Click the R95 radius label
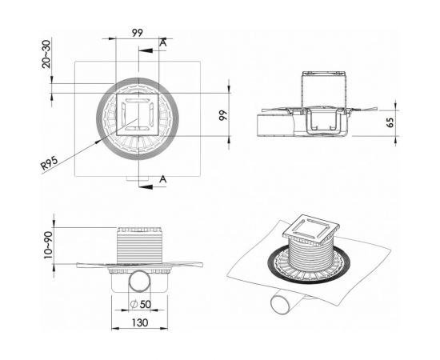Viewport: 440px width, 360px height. (50, 163)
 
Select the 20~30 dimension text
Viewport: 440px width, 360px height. (46, 54)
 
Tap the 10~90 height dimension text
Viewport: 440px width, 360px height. (48, 245)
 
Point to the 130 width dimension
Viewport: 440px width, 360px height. (139, 322)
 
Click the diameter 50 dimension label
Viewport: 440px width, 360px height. (141, 304)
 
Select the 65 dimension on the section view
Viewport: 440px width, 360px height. (390, 122)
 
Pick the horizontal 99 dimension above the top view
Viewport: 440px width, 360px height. (138, 33)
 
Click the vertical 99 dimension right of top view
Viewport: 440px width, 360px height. (223, 115)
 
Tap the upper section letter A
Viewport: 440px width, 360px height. (163, 42)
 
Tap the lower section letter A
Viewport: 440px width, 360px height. (163, 178)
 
